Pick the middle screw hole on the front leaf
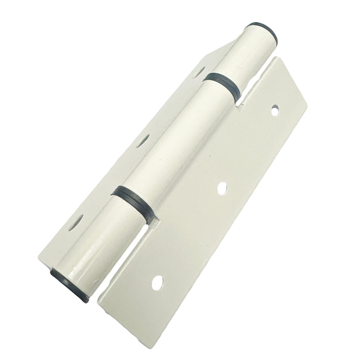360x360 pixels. [221, 188]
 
